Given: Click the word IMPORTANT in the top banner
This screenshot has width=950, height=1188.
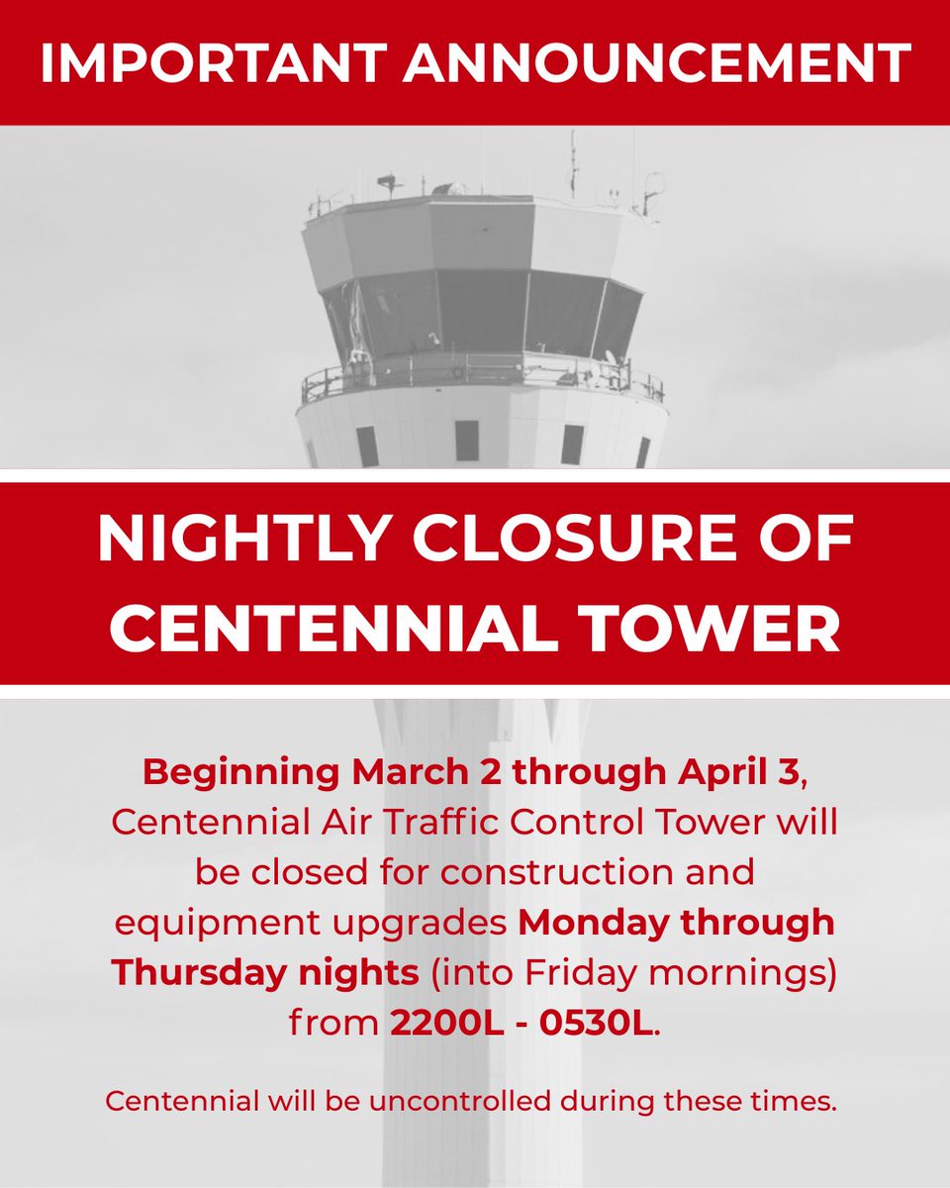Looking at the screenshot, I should (x=207, y=62).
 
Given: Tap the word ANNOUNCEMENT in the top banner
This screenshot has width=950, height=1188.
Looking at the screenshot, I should (x=650, y=62).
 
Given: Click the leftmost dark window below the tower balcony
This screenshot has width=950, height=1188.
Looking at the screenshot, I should (x=367, y=445).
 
